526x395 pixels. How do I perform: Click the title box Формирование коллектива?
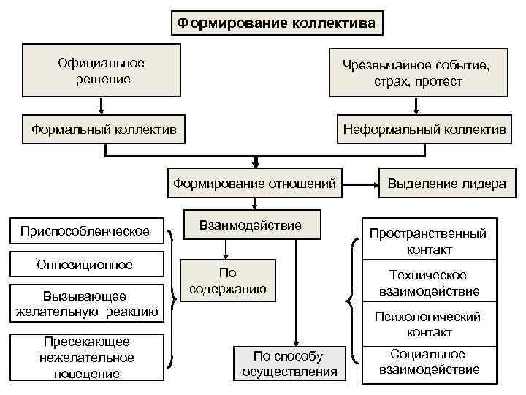[278, 24]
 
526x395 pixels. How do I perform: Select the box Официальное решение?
[102, 70]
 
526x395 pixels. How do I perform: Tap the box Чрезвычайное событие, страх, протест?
[417, 73]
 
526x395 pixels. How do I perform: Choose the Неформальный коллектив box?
[422, 129]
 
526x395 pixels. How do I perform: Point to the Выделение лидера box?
[446, 183]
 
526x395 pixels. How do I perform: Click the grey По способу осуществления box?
[287, 364]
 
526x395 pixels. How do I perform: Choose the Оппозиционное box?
[85, 265]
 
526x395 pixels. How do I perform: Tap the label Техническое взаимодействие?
[429, 283]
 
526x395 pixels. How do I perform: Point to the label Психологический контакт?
[428, 324]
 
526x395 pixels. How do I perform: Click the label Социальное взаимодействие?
[429, 362]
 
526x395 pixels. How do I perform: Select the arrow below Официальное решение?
[102, 106]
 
